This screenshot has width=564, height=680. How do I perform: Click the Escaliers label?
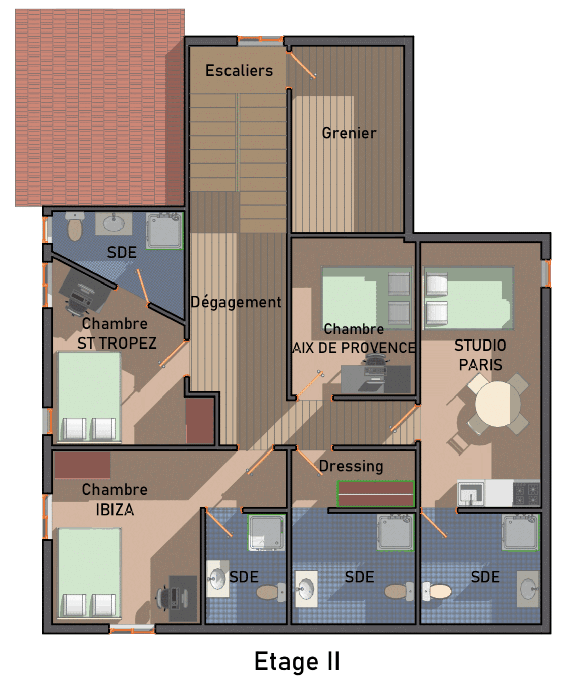[239, 70]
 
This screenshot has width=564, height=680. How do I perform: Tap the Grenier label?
[349, 133]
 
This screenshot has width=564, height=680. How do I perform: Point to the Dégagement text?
[236, 302]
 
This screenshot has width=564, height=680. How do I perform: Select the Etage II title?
[297, 661]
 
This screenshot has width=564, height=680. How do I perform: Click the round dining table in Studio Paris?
[497, 404]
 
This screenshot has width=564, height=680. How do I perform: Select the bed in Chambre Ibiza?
[89, 573]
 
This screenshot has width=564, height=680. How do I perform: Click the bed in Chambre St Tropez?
[89, 396]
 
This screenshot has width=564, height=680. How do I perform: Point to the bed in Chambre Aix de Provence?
[367, 299]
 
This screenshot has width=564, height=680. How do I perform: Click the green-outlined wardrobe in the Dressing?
[375, 494]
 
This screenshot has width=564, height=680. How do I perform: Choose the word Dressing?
[351, 466]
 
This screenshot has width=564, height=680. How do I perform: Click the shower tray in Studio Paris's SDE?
[521, 533]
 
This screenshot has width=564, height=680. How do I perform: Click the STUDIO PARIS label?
[480, 355]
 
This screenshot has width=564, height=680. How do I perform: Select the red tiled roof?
[100, 107]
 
